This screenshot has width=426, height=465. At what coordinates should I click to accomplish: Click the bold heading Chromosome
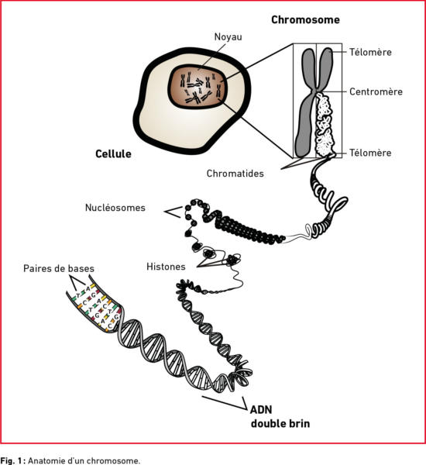click(x=305, y=20)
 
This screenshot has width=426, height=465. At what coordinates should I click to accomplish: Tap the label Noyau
click(x=228, y=36)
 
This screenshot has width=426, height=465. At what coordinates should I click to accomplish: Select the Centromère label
click(x=376, y=91)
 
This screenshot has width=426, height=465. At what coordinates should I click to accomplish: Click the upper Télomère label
click(x=370, y=52)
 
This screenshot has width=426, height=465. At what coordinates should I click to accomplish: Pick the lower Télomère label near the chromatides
click(x=370, y=153)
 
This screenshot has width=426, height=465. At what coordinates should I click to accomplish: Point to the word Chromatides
click(x=235, y=174)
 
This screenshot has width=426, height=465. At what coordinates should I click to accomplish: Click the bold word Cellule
click(x=113, y=153)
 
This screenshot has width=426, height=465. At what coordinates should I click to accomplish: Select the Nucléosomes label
click(x=115, y=208)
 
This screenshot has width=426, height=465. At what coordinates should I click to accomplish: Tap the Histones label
click(x=166, y=267)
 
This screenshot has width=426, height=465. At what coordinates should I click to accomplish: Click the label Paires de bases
click(x=59, y=268)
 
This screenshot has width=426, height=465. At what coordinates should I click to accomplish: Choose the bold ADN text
click(x=261, y=409)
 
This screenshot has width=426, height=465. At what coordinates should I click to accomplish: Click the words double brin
click(x=280, y=423)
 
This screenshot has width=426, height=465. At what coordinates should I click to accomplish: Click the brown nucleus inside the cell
click(x=198, y=86)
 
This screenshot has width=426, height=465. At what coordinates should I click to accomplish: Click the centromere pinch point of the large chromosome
click(x=315, y=91)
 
